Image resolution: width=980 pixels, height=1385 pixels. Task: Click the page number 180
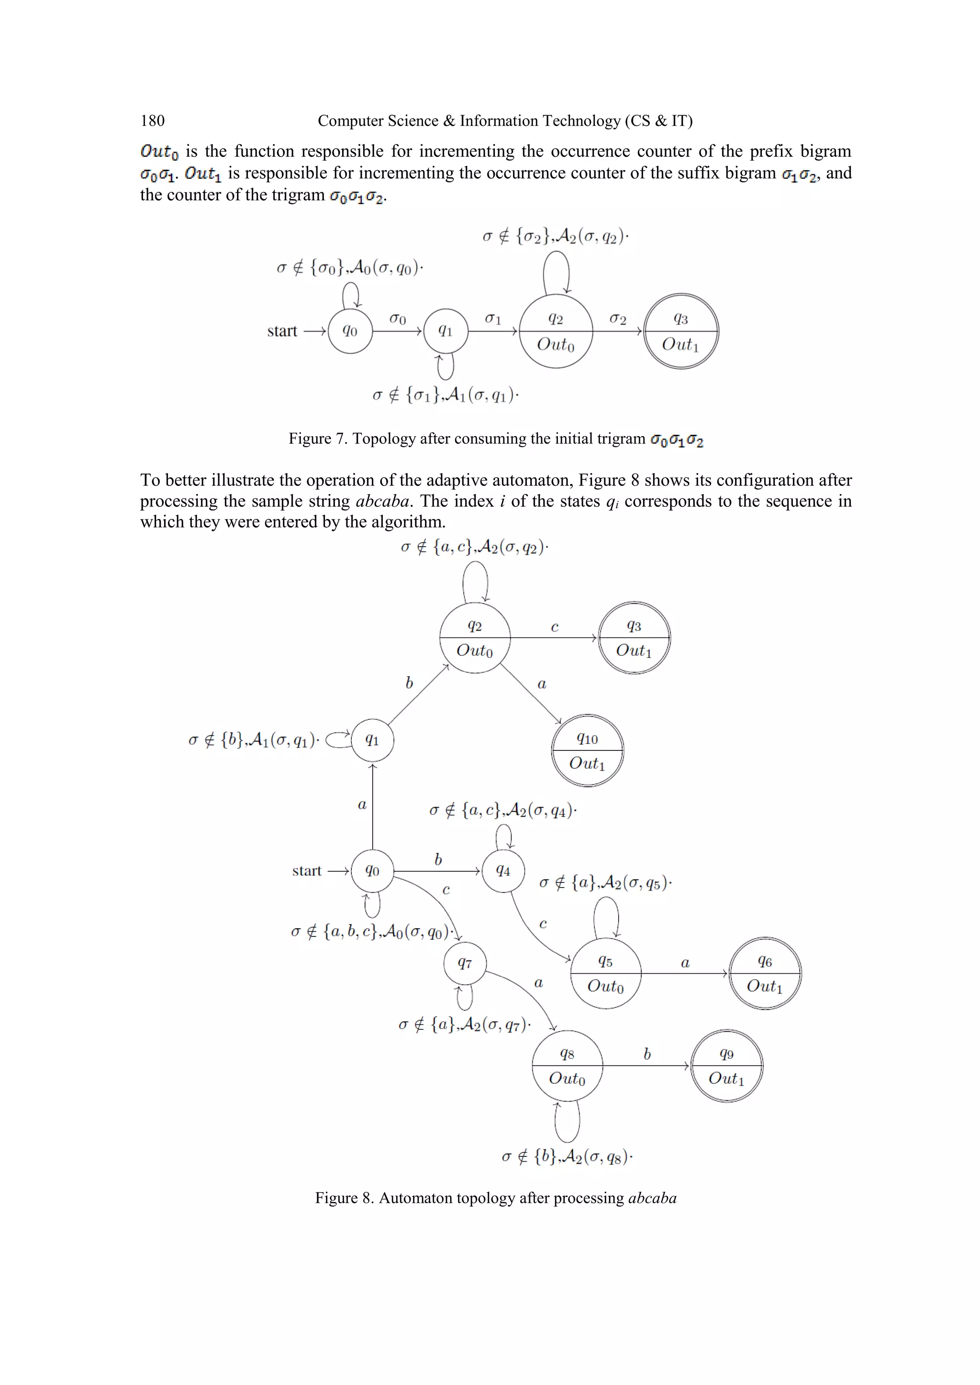[x=152, y=121]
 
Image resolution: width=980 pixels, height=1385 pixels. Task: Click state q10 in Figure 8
[x=587, y=750]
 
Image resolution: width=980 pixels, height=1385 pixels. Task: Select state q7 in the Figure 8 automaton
[x=465, y=963]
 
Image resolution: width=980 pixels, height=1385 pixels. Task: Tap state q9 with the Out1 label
[x=726, y=1066]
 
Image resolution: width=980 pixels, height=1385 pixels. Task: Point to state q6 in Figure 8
[x=765, y=974]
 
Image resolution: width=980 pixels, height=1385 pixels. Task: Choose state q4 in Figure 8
[x=503, y=871]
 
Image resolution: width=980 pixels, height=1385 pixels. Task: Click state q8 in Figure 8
[x=567, y=1066]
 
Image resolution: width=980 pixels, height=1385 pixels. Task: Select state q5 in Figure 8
[x=605, y=974]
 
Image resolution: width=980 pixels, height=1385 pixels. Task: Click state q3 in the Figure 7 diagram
[x=681, y=331]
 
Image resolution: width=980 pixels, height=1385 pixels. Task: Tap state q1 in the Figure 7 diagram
[x=445, y=331]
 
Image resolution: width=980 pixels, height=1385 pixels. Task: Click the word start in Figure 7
[x=282, y=331]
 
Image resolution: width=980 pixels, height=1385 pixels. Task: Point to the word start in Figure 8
[x=307, y=871]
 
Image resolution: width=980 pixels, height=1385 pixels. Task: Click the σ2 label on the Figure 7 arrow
[x=617, y=319]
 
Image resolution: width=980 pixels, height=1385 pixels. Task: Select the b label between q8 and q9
[x=647, y=1055]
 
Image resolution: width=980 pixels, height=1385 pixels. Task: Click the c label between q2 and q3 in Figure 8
[x=555, y=627]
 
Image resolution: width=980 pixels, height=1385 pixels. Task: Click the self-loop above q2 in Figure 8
[x=475, y=580]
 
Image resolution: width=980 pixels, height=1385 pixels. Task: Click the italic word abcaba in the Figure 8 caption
[x=652, y=1198]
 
